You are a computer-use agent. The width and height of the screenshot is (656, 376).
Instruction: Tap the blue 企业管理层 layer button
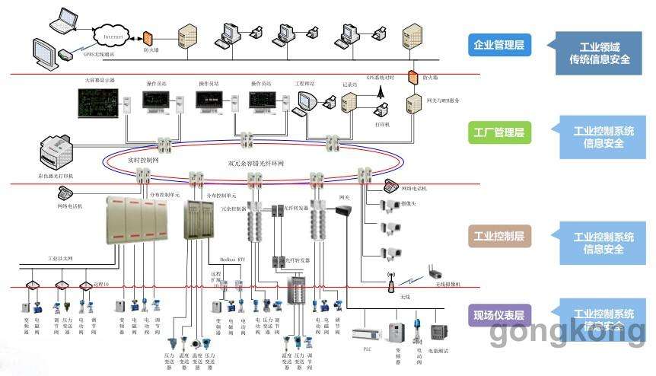(499, 45)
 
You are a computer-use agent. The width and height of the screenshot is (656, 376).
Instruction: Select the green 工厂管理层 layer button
(499, 133)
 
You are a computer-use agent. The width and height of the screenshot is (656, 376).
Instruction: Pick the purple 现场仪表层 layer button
(499, 315)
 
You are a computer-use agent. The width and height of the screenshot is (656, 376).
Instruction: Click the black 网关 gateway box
(344, 211)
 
